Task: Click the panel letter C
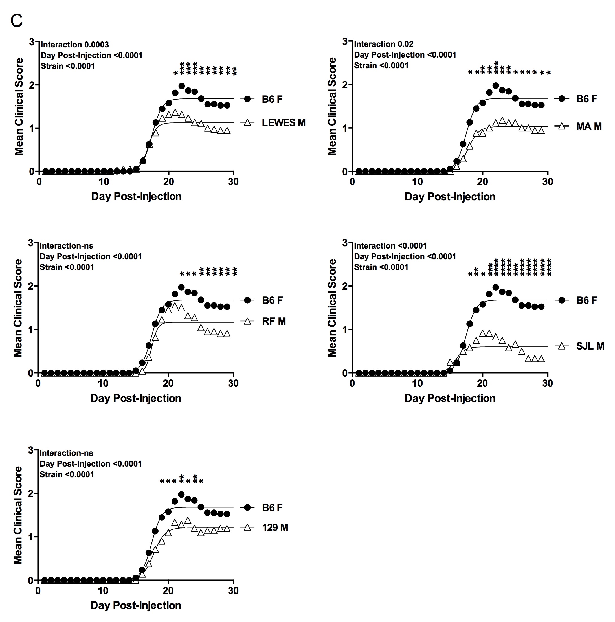16,21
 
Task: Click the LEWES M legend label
283,123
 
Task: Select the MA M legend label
589,126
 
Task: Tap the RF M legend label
274,321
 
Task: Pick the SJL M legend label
590,346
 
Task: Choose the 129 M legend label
275,527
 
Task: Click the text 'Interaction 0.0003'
75,45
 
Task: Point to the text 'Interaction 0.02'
383,44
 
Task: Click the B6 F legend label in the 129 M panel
272,508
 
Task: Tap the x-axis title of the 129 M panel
136,605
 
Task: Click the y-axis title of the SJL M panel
332,308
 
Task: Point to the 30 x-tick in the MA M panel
547,182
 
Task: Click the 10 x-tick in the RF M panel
103,383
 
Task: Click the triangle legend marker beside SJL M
562,346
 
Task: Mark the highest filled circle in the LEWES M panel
182,86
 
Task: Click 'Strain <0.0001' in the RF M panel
67,267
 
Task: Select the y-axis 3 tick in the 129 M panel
31,450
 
